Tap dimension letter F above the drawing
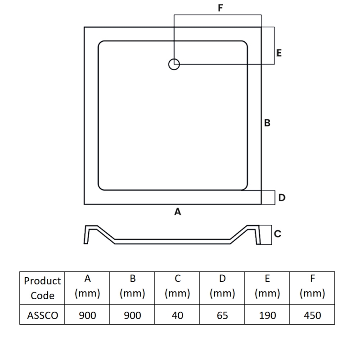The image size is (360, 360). point(220,8)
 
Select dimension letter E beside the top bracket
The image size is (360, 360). point(279,53)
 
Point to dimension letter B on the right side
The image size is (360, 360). point(267,122)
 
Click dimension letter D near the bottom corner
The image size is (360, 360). point(282,198)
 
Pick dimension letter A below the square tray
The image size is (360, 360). point(178,211)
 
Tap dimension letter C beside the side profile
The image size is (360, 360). point(278,234)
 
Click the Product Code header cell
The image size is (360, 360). point(42,288)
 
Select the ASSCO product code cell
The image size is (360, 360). point(42,315)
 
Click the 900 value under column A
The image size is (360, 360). point(87,315)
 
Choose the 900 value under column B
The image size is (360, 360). point(132,315)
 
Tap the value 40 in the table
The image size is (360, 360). point(177,315)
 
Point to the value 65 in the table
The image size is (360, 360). point(222,315)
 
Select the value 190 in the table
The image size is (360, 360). point(267,315)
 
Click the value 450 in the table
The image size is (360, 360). point(312,315)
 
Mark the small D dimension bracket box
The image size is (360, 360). point(268,197)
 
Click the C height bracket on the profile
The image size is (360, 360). point(266,235)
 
